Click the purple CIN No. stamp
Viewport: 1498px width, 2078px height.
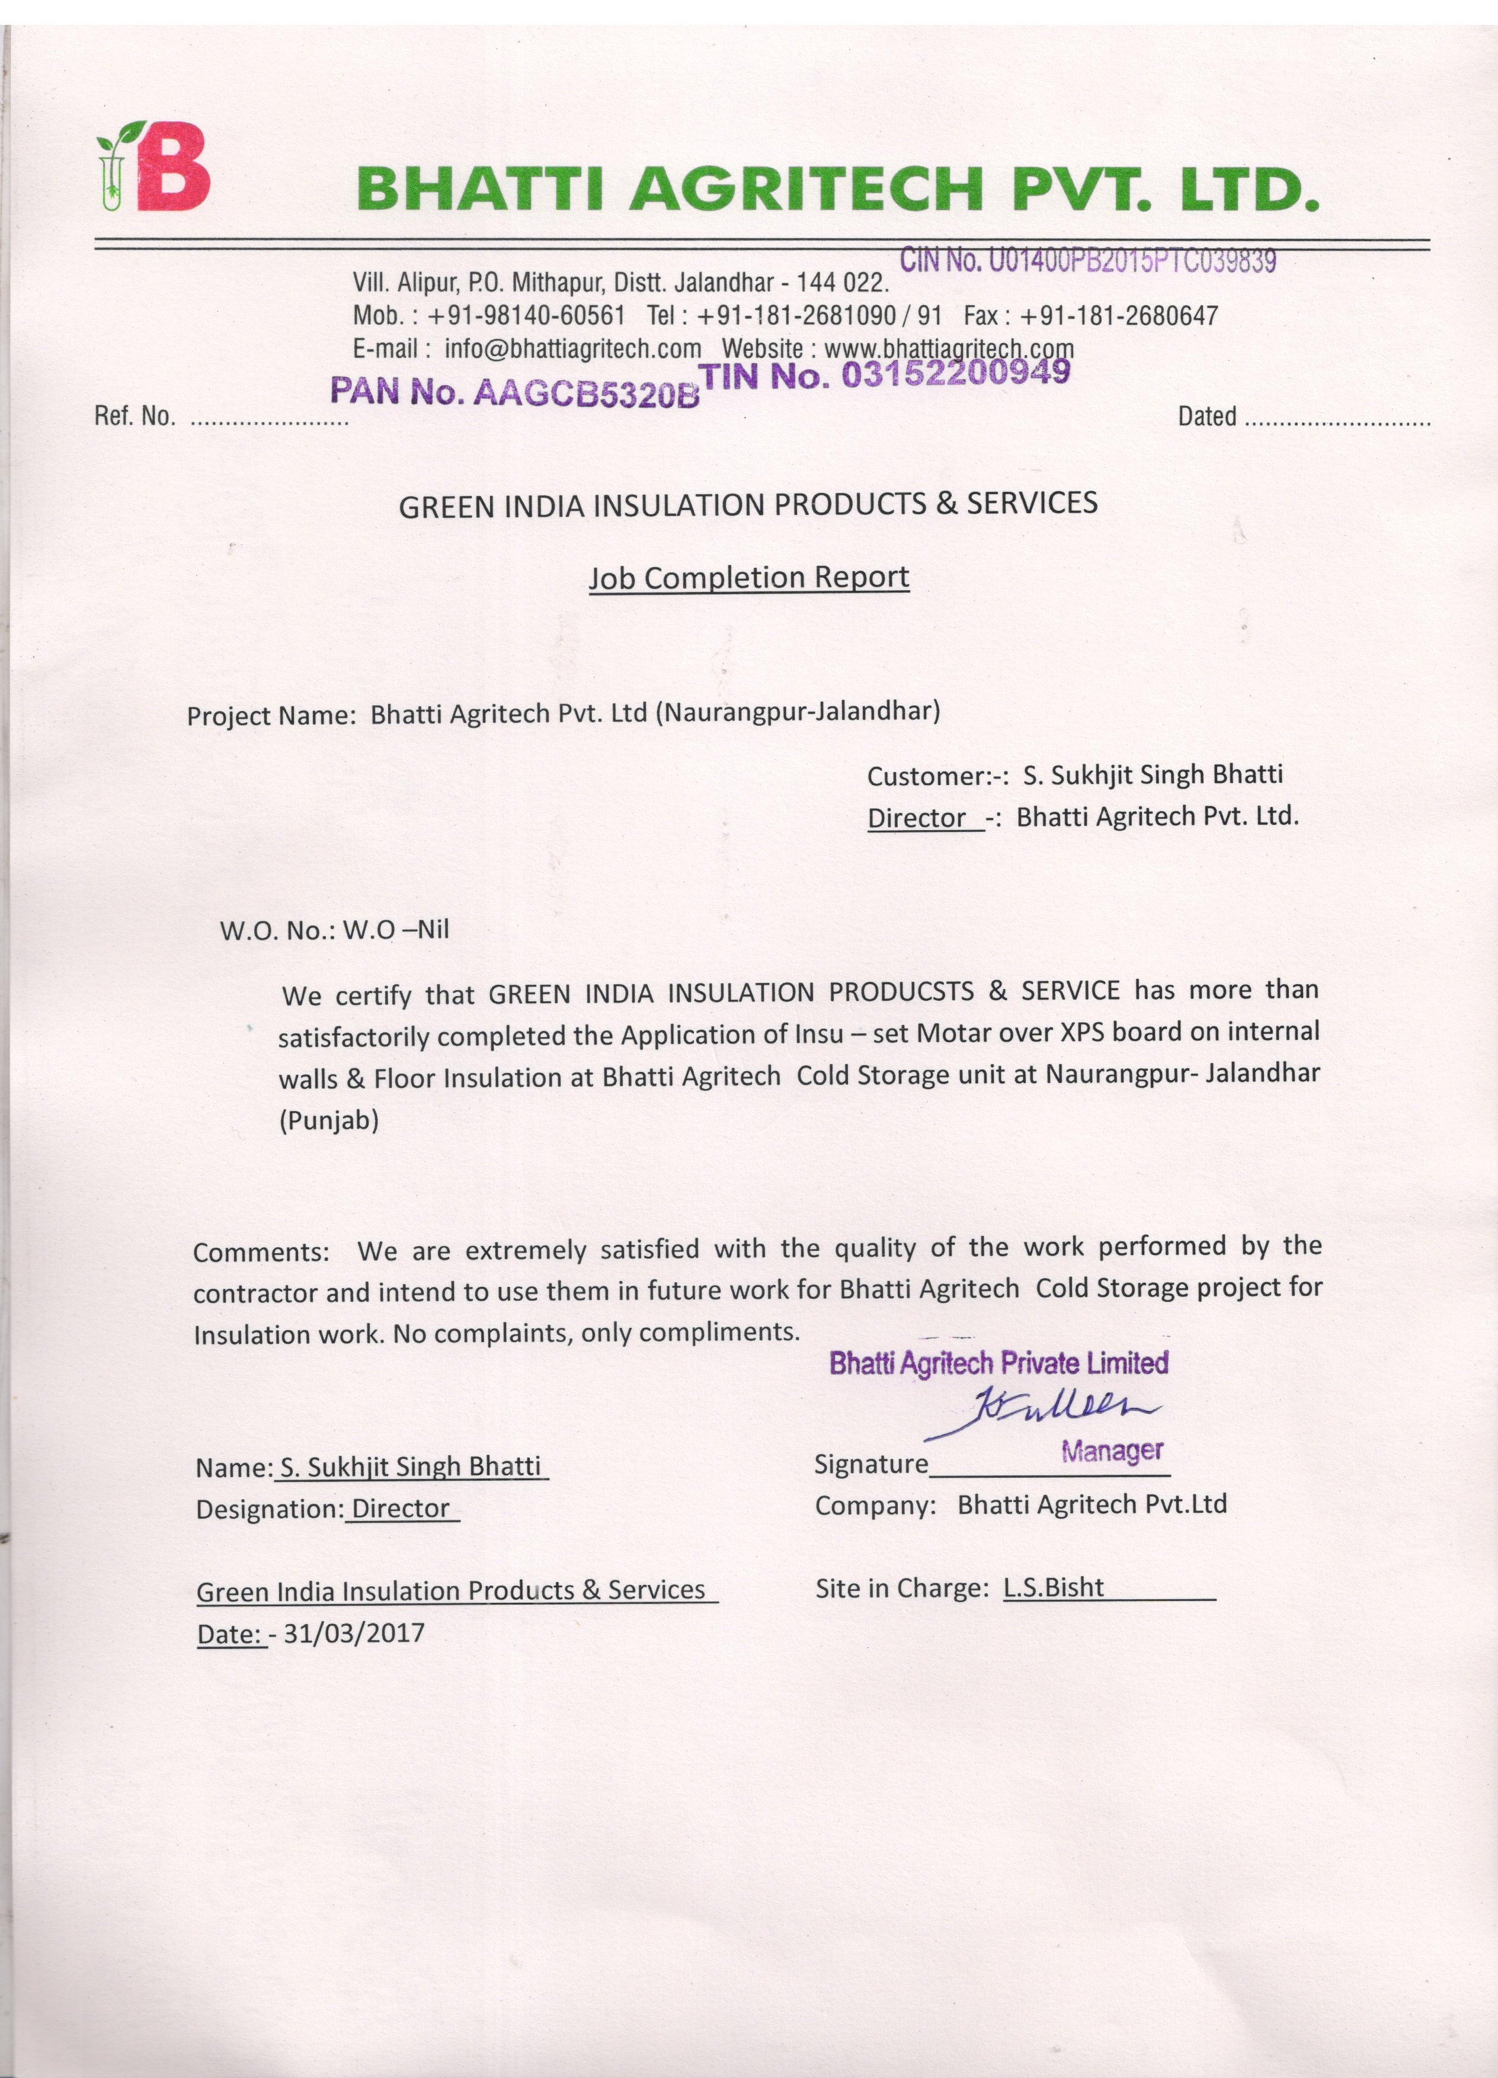click(1087, 261)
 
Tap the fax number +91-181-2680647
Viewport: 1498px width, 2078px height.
click(1119, 316)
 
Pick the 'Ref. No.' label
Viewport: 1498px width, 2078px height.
click(135, 417)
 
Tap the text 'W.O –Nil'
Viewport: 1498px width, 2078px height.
click(396, 930)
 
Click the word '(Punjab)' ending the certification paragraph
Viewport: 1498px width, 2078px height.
click(329, 1120)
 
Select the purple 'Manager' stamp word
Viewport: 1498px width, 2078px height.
click(1112, 1451)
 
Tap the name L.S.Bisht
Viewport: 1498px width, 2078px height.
click(1054, 1588)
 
